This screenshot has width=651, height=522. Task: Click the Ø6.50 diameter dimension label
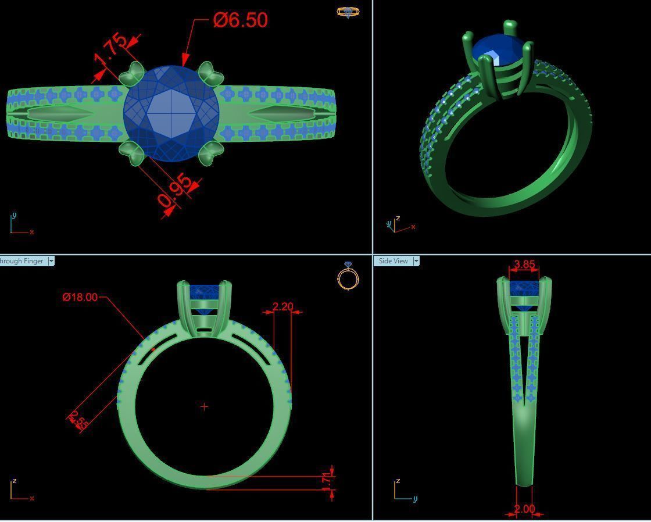click(x=240, y=20)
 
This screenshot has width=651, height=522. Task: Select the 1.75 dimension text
click(x=110, y=51)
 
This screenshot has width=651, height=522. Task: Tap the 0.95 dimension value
click(x=176, y=191)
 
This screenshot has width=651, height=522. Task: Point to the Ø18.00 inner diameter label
click(x=80, y=297)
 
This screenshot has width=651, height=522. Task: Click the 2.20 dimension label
click(x=282, y=306)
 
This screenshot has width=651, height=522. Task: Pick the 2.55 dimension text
click(x=78, y=420)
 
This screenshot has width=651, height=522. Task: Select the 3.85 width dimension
click(x=524, y=264)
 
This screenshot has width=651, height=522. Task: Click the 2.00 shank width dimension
click(x=524, y=509)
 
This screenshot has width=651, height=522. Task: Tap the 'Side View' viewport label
click(x=393, y=261)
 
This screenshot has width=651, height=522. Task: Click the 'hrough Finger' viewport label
click(x=22, y=261)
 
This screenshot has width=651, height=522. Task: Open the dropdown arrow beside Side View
click(x=416, y=261)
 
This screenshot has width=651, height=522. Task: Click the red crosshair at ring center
click(x=204, y=407)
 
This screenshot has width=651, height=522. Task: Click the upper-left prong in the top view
click(x=133, y=74)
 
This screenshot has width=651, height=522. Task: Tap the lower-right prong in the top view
click(x=210, y=153)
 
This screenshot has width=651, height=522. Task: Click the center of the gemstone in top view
click(x=171, y=113)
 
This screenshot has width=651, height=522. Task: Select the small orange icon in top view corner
click(x=348, y=12)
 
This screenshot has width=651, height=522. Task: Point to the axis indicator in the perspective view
click(x=396, y=225)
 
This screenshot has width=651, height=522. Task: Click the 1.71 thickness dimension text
click(x=327, y=480)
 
